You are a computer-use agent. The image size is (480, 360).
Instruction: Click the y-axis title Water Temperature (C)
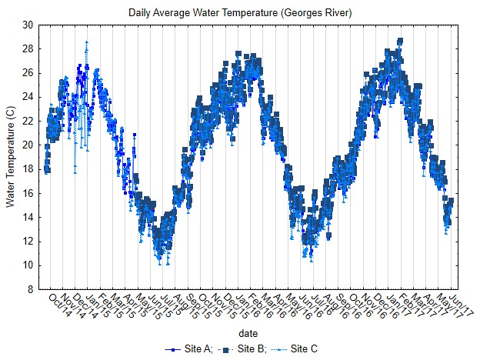pyautogui.click(x=10, y=157)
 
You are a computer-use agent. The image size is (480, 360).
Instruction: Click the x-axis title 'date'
pyautogui.click(x=248, y=333)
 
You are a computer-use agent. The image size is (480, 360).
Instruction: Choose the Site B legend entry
pyautogui.click(x=244, y=349)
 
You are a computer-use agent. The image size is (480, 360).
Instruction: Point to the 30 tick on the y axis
pyautogui.click(x=28, y=25)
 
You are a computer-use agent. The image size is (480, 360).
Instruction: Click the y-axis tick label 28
pyautogui.click(x=28, y=48)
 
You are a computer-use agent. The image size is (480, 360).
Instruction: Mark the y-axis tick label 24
pyautogui.click(x=28, y=97)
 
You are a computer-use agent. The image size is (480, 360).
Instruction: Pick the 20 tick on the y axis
pyautogui.click(x=28, y=145)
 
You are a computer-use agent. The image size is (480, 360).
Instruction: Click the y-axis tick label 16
pyautogui.click(x=28, y=193)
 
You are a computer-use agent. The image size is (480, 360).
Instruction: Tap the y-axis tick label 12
pyautogui.click(x=28, y=242)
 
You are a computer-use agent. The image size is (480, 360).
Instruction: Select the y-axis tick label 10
pyautogui.click(x=28, y=265)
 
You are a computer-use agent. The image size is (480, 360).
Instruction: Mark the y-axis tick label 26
pyautogui.click(x=28, y=73)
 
